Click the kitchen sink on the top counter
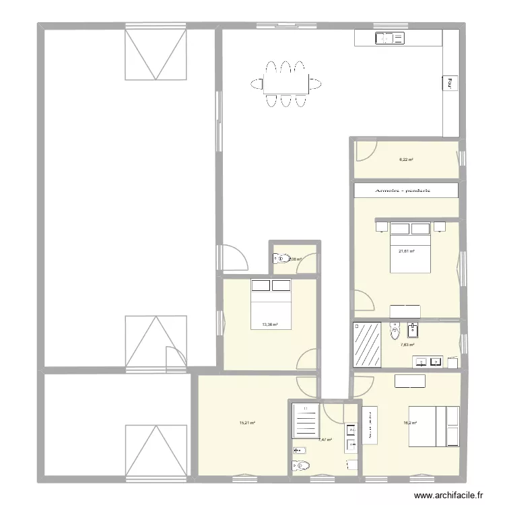click(391, 38)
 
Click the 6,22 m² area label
click(406, 160)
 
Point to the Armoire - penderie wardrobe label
click(406, 191)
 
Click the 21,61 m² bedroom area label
click(406, 251)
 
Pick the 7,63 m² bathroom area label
click(408, 345)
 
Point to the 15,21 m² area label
click(248, 423)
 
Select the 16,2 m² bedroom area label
click(410, 423)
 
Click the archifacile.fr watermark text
click(448, 495)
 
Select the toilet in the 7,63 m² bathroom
click(395, 331)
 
